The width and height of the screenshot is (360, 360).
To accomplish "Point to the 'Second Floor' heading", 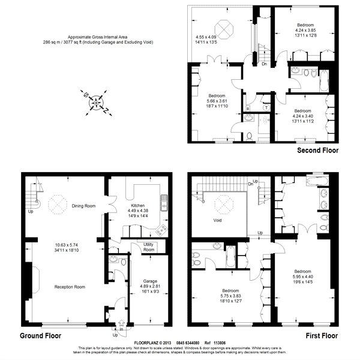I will click(x=317, y=150).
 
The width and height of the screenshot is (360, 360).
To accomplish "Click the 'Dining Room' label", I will click(x=82, y=206).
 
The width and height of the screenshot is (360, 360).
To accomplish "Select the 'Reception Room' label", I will click(x=67, y=287).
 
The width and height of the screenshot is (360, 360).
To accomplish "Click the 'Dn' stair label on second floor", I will click(x=265, y=64).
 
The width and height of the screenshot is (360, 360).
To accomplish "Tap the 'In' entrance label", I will click(x=121, y=329).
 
